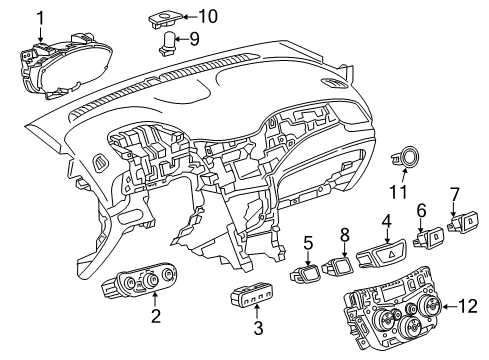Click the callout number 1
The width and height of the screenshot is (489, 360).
41,17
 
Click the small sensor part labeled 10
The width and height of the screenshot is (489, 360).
167,16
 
